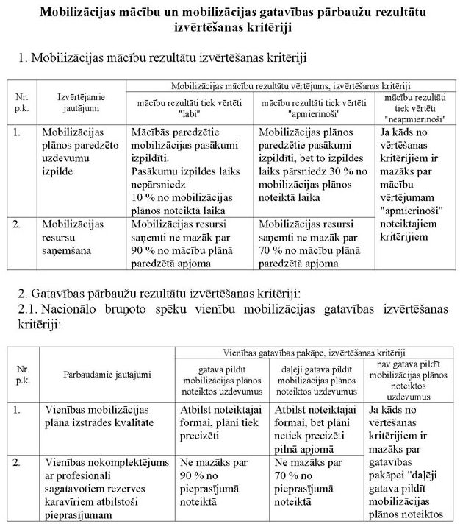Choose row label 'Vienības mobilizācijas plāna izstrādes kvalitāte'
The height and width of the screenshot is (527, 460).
click(x=107, y=414)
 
